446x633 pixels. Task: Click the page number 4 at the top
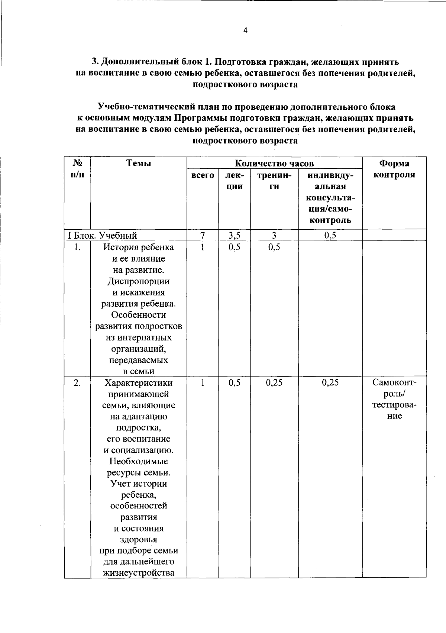(245, 31)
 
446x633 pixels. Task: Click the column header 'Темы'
(139, 163)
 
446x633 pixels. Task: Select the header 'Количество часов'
(274, 163)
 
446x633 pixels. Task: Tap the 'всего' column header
(203, 175)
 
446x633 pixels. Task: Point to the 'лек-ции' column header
(235, 181)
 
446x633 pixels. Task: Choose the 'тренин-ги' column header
(274, 181)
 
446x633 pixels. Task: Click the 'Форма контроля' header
(394, 169)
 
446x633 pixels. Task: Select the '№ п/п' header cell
(77, 169)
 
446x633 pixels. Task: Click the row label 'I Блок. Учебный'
(103, 235)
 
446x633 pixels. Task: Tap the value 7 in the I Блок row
(203, 235)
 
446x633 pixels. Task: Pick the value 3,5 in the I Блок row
(235, 235)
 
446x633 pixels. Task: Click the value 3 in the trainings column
(274, 235)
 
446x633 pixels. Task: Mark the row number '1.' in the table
(77, 247)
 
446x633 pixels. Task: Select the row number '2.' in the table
(77, 383)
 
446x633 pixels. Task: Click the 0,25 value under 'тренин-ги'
(274, 383)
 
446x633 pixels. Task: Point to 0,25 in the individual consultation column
(330, 383)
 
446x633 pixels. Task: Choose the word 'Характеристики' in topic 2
(139, 383)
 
